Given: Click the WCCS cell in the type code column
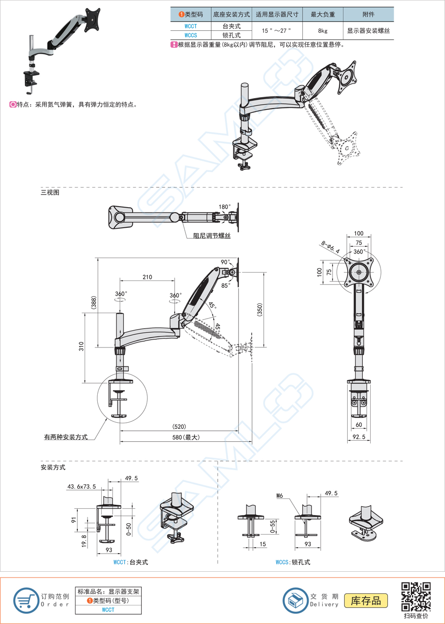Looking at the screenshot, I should pos(191,35).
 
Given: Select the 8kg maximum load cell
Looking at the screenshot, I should pos(323,30).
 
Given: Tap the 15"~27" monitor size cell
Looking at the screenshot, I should pos(276,30).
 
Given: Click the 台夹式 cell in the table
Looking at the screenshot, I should pos(231,26).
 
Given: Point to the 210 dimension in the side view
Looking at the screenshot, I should pos(147,277).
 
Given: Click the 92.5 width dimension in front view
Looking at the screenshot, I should pos(359,436).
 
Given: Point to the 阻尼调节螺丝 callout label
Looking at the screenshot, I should pos(211,236).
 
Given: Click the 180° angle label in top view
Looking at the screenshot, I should pos(224,207).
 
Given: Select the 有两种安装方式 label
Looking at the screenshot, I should pos(66,437).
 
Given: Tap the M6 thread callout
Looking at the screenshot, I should pos(280,495).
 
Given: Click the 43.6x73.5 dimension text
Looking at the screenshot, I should pos(81,487).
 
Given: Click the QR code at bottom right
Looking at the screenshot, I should pos(416,597).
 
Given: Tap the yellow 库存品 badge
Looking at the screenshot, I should pos(366,600).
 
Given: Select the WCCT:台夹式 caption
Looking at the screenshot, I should pos(131,562).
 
